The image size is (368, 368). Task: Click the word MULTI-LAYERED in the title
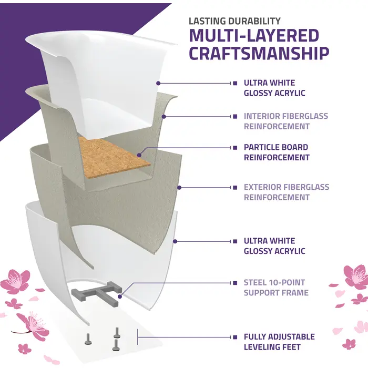[254, 36]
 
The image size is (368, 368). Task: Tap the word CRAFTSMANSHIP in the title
[259, 53]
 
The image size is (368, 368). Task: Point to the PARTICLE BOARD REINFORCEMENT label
[277, 152]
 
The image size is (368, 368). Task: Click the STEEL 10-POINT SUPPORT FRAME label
[276, 288]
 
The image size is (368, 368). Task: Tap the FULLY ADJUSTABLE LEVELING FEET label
[279, 341]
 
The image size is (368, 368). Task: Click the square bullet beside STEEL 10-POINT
[235, 283]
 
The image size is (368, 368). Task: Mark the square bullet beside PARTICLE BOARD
[235, 147]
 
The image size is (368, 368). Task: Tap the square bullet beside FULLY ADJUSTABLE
[235, 336]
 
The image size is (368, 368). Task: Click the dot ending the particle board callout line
[139, 155]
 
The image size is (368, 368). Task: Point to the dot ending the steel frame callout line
[120, 297]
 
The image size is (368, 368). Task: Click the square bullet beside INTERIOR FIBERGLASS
[235, 116]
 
